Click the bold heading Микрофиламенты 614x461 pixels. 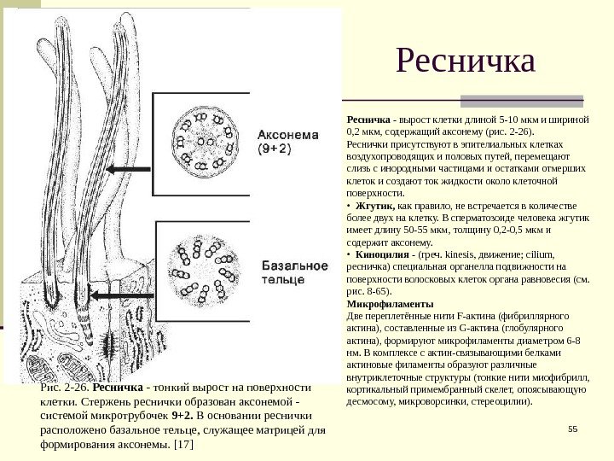click(390, 304)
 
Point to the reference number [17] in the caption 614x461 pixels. click(182, 445)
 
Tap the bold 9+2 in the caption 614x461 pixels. click(182, 416)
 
